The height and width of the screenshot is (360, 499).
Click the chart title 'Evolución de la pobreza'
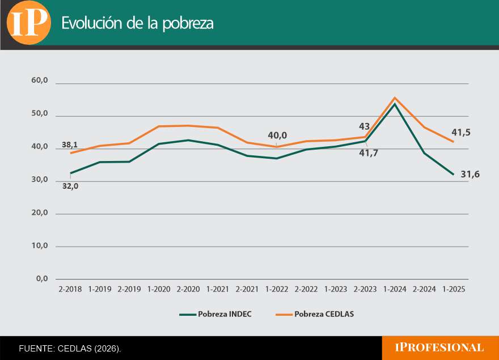(137, 23)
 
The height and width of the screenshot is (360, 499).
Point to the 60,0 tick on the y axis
(39, 81)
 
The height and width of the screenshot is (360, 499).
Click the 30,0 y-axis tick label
(39, 180)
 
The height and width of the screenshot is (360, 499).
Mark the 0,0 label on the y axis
(41, 278)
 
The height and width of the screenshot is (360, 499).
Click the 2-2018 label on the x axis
(70, 289)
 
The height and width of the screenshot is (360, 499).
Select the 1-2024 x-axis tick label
(395, 289)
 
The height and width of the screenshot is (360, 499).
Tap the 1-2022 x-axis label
(277, 289)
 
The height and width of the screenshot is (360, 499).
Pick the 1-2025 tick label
(454, 289)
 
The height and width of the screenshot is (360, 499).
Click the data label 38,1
(70, 145)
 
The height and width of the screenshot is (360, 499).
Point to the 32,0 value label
(70, 186)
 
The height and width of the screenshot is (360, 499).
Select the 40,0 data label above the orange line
(277, 135)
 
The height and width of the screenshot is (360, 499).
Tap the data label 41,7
(368, 153)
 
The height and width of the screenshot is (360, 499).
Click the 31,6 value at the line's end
(470, 175)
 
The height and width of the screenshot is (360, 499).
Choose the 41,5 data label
(461, 133)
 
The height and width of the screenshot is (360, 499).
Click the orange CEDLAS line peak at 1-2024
(395, 98)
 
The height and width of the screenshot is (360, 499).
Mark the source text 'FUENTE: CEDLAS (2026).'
(70, 348)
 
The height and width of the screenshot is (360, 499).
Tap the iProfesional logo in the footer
(439, 348)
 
